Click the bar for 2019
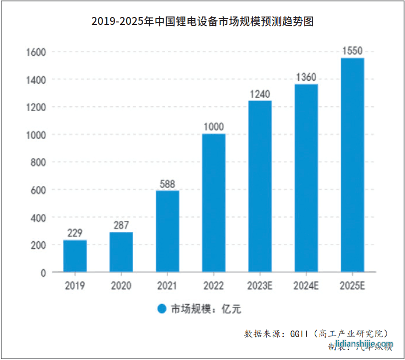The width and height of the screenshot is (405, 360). [x=75, y=256]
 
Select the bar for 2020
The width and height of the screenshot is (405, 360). [x=121, y=252]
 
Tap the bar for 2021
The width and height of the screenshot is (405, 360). [x=168, y=231]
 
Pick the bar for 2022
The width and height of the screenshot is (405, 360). [x=213, y=202]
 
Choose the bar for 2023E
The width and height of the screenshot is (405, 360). [x=260, y=186]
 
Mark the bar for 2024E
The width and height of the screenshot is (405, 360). [x=306, y=178]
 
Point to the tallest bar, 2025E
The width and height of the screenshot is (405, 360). [x=352, y=165]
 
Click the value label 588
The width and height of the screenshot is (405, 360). [x=168, y=184]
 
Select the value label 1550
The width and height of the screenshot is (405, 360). [x=352, y=51]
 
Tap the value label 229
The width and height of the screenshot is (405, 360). [x=75, y=233]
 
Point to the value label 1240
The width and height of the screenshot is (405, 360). [x=260, y=94]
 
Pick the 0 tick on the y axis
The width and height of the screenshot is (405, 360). [x=43, y=273]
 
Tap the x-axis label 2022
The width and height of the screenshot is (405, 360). [x=213, y=286]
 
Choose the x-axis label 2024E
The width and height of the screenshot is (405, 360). [x=306, y=286]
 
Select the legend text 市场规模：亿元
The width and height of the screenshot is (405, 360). [x=205, y=309]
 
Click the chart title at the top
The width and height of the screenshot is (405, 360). [x=202, y=21]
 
